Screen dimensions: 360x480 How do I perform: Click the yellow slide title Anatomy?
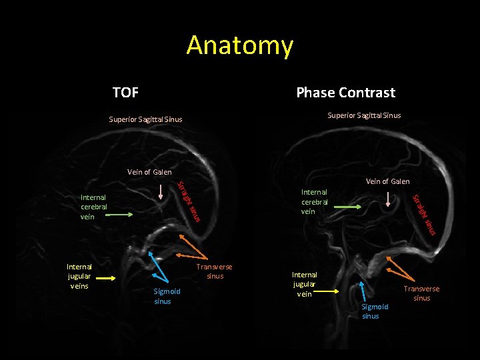[x=239, y=45]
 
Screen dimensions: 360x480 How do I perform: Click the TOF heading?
[x=125, y=92]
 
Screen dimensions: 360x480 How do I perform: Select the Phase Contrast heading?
[x=345, y=93]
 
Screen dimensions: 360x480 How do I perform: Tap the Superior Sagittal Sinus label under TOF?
[x=145, y=120]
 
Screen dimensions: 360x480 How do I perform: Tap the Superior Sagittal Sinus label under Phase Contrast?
[x=364, y=115]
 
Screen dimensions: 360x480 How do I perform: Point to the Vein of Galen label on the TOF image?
[x=149, y=172]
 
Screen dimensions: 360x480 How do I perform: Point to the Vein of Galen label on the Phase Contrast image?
[x=387, y=181]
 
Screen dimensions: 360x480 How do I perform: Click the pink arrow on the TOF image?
[x=160, y=191]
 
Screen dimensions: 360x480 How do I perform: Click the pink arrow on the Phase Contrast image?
[x=390, y=199]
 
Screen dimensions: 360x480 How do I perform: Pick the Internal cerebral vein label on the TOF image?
[x=93, y=207]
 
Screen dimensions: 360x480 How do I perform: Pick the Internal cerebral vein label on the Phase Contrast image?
[x=315, y=201]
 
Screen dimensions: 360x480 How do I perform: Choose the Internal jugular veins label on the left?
[x=79, y=276]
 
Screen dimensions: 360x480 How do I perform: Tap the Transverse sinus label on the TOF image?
[x=215, y=271]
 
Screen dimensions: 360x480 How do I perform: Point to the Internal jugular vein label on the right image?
[x=305, y=284]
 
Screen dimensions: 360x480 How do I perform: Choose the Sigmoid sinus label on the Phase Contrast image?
[x=375, y=311]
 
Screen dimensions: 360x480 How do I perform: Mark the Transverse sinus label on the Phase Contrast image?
[x=421, y=293]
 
